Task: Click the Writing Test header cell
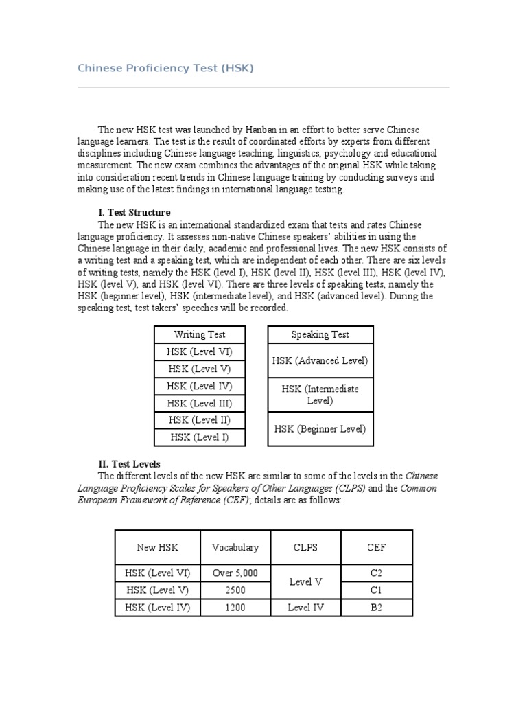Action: (x=200, y=334)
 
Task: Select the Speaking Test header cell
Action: (x=320, y=334)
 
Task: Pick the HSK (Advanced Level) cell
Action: (x=320, y=360)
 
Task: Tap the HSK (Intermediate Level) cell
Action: (x=320, y=394)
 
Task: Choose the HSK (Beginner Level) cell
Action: (x=320, y=428)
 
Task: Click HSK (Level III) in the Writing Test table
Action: (x=200, y=403)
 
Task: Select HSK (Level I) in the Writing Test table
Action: (x=200, y=437)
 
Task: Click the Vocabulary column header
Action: (x=235, y=547)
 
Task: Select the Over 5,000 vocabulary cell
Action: (x=235, y=573)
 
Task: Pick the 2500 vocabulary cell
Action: (x=235, y=590)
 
